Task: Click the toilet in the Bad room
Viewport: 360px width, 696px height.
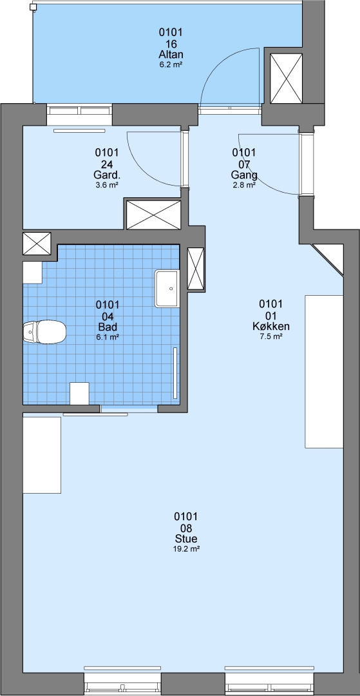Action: tap(44, 332)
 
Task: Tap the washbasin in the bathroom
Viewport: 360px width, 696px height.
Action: tap(167, 289)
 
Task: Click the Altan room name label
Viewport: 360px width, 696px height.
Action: tap(171, 55)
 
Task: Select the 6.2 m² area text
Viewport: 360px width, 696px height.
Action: tap(171, 65)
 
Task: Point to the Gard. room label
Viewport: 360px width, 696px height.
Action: tap(106, 175)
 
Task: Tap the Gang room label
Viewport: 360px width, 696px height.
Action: tap(244, 175)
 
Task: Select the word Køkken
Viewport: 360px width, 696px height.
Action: tap(271, 327)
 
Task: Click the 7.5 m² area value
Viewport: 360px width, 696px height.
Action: tap(271, 336)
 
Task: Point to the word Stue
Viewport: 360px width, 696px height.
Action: tap(185, 539)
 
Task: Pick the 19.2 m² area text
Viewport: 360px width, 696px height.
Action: tap(185, 549)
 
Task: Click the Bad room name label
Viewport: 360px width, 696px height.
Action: tap(108, 327)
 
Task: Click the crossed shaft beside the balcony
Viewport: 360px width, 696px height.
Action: tap(286, 79)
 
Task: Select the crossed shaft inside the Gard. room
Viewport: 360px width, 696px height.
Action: tap(154, 215)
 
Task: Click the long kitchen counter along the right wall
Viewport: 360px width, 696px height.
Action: tap(324, 371)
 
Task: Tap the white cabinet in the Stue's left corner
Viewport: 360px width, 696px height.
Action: tap(42, 455)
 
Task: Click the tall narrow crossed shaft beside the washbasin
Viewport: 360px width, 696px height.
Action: tap(196, 269)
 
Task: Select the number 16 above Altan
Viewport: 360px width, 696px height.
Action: tap(171, 44)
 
